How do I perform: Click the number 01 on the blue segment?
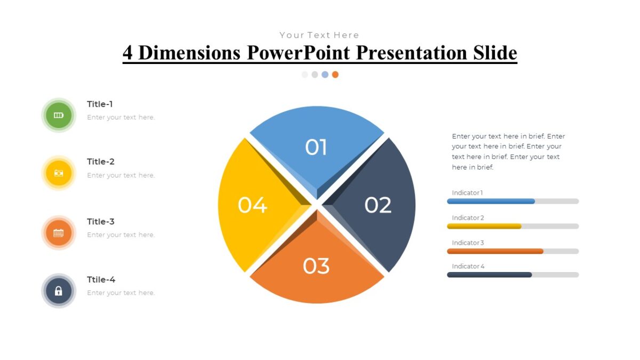pyautogui.click(x=316, y=147)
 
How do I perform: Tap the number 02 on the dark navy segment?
pyautogui.click(x=378, y=205)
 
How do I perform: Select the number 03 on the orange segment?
pyautogui.click(x=316, y=266)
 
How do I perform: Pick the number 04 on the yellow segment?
pyautogui.click(x=252, y=205)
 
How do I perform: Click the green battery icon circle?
pyautogui.click(x=59, y=115)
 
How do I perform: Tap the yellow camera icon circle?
pyautogui.click(x=59, y=173)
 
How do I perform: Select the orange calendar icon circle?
pyautogui.click(x=59, y=233)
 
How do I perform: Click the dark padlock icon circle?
pyautogui.click(x=59, y=291)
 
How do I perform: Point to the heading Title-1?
pyautogui.click(x=100, y=105)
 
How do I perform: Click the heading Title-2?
pyautogui.click(x=101, y=162)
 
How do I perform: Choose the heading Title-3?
pyautogui.click(x=101, y=221)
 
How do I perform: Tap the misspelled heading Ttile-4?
pyautogui.click(x=101, y=279)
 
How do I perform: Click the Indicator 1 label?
pyautogui.click(x=467, y=193)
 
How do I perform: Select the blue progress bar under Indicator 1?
pyautogui.click(x=491, y=201)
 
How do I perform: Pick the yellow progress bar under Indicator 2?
pyautogui.click(x=484, y=226)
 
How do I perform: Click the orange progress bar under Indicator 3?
pyautogui.click(x=495, y=251)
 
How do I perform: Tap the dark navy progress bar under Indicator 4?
pyautogui.click(x=489, y=275)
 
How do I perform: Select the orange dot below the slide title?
pyautogui.click(x=335, y=75)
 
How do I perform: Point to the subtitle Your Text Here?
pyautogui.click(x=319, y=35)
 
